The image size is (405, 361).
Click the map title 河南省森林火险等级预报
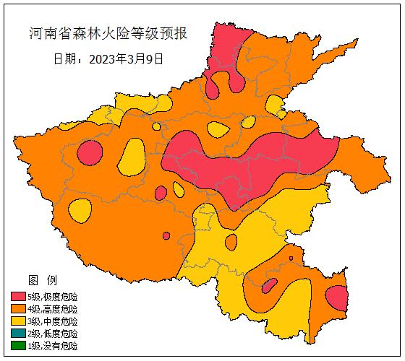pyautogui.click(x=108, y=33)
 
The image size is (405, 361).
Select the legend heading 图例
pyautogui.click(x=38, y=279)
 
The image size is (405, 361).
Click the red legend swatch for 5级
pyautogui.click(x=18, y=297)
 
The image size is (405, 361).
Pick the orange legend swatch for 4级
pyautogui.click(x=18, y=309)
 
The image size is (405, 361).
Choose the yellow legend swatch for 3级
pyautogui.click(x=18, y=321)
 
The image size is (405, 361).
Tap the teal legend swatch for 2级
pyautogui.click(x=18, y=334)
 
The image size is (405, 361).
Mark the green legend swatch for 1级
pyautogui.click(x=18, y=346)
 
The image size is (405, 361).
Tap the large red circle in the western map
pyautogui.click(x=90, y=153)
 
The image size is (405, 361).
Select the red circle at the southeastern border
pyautogui.click(x=336, y=297)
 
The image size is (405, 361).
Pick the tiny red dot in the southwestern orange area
pyautogui.click(x=166, y=235)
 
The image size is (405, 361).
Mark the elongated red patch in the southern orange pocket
pyautogui.click(x=269, y=286)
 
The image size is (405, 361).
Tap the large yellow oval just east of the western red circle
pyautogui.click(x=131, y=155)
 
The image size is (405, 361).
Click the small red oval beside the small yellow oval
pyautogui.click(x=161, y=193)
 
